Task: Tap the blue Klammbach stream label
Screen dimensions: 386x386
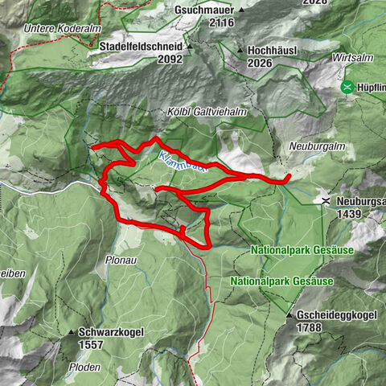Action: [183, 162]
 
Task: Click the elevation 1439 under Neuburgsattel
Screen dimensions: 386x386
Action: [353, 216]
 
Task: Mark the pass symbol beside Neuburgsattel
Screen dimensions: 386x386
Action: [325, 200]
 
